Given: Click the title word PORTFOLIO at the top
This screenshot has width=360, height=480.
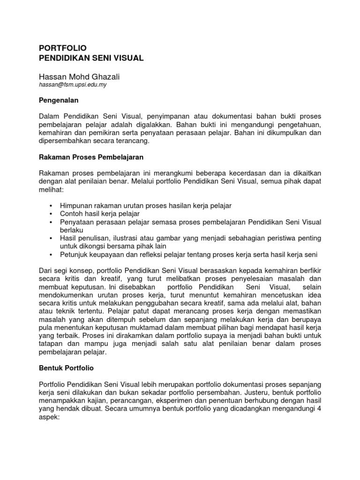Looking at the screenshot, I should (x=62, y=48).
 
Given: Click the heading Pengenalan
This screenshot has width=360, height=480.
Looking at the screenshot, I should (x=59, y=100).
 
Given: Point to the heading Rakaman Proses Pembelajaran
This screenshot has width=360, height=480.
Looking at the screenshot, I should (x=90, y=156).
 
